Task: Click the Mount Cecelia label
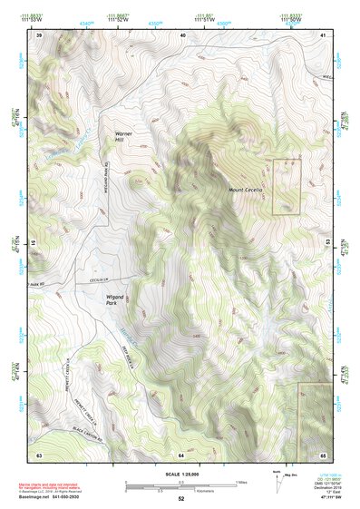245,189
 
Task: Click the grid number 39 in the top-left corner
39,34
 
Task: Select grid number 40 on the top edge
182,34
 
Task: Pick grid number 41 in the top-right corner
324,34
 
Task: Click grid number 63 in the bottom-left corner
39,454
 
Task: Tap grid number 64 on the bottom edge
181,454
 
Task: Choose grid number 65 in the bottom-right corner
324,454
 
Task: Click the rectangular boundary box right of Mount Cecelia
287,187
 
